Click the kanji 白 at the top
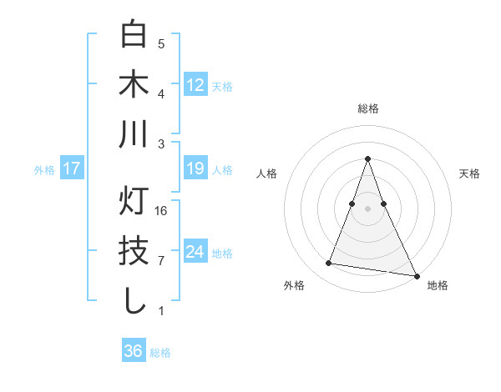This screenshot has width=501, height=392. pyautogui.click(x=134, y=35)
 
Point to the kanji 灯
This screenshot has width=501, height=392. pyautogui.click(x=134, y=201)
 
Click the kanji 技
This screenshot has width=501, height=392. pyautogui.click(x=134, y=251)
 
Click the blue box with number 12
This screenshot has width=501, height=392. pyautogui.click(x=195, y=84)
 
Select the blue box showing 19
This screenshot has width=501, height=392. pyautogui.click(x=195, y=168)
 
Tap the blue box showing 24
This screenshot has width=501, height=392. pyautogui.click(x=195, y=252)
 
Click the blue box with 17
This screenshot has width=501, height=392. pyautogui.click(x=72, y=168)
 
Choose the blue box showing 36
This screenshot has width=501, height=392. pyautogui.click(x=134, y=351)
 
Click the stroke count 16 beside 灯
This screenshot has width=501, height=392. pyautogui.click(x=161, y=210)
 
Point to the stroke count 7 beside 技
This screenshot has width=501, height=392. pyautogui.click(x=161, y=260)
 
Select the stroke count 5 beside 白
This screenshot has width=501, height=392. pyautogui.click(x=161, y=44)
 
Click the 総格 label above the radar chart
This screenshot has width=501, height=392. pyautogui.click(x=367, y=108)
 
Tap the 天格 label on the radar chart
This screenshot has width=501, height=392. pyautogui.click(x=469, y=173)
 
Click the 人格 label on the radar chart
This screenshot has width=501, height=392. pyautogui.click(x=266, y=173)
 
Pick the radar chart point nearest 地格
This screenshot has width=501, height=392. pyautogui.click(x=416, y=275)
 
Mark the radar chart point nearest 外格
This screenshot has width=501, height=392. pyautogui.click(x=329, y=264)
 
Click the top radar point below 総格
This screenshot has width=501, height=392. pyautogui.click(x=367, y=158)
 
